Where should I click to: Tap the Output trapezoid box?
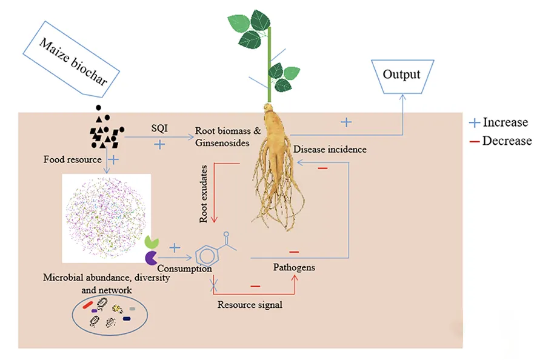(x=401, y=75)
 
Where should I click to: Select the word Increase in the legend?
(x=505, y=122)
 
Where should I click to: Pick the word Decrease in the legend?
(x=507, y=141)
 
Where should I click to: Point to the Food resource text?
(x=72, y=160)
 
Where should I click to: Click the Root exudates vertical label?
(x=204, y=193)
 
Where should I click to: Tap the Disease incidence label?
(x=330, y=149)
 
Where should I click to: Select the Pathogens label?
(x=294, y=267)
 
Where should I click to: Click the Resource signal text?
(x=250, y=304)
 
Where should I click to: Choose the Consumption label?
(x=184, y=268)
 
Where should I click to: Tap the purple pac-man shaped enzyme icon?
(x=151, y=258)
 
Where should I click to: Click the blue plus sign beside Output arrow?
(x=345, y=122)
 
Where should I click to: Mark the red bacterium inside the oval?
(x=88, y=304)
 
